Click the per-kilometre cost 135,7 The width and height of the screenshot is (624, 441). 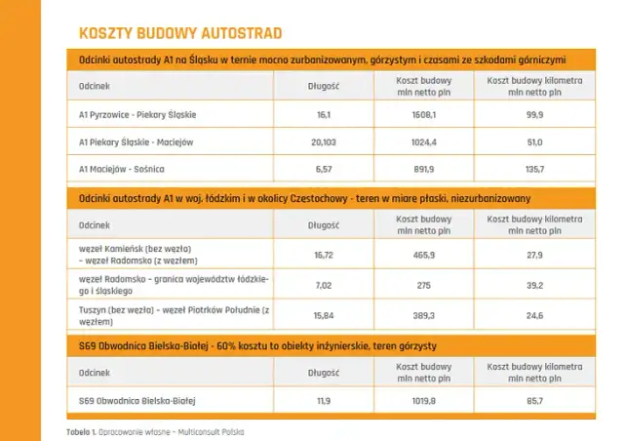tap(533, 169)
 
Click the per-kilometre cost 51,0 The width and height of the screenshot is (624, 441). tap(533, 142)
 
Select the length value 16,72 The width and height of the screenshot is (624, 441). tap(325, 255)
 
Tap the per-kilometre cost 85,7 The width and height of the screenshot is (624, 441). tap(533, 400)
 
